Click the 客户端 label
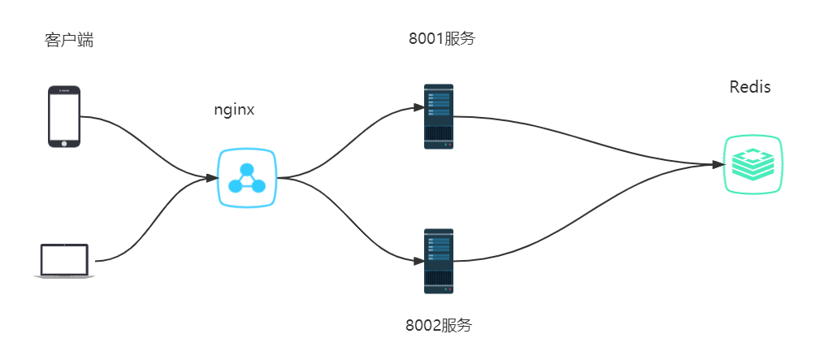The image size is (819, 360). pos(69,40)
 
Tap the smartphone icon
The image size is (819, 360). pos(65,116)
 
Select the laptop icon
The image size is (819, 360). pos(64,262)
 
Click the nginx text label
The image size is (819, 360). pos(233,110)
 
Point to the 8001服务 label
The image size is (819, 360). pos(441,38)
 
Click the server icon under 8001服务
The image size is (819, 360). pos(439,116)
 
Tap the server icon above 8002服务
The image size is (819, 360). pos(439,261)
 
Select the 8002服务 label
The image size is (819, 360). pos(439,325)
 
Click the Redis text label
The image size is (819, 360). pos(750,88)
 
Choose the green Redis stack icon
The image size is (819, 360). pos(752,165)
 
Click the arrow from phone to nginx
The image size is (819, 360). pos(146,138)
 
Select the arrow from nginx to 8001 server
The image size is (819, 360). pos(349,138)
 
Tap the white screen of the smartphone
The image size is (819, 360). pos(65,116)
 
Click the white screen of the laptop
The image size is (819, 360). pos(64,258)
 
